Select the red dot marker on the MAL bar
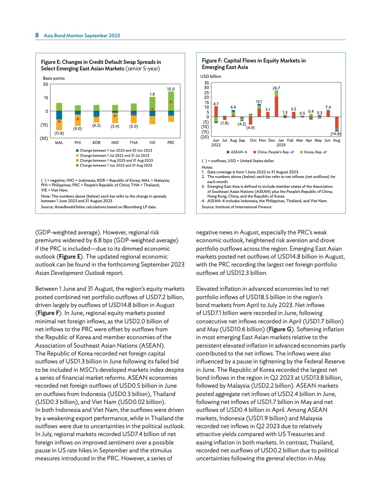[59, 122]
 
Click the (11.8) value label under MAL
[59, 133]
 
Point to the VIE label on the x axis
[152, 142]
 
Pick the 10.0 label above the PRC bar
[171, 88]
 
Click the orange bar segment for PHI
[78, 120]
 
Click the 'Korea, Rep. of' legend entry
[313, 152]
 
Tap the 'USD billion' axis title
[212, 75]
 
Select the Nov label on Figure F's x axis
[262, 140]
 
